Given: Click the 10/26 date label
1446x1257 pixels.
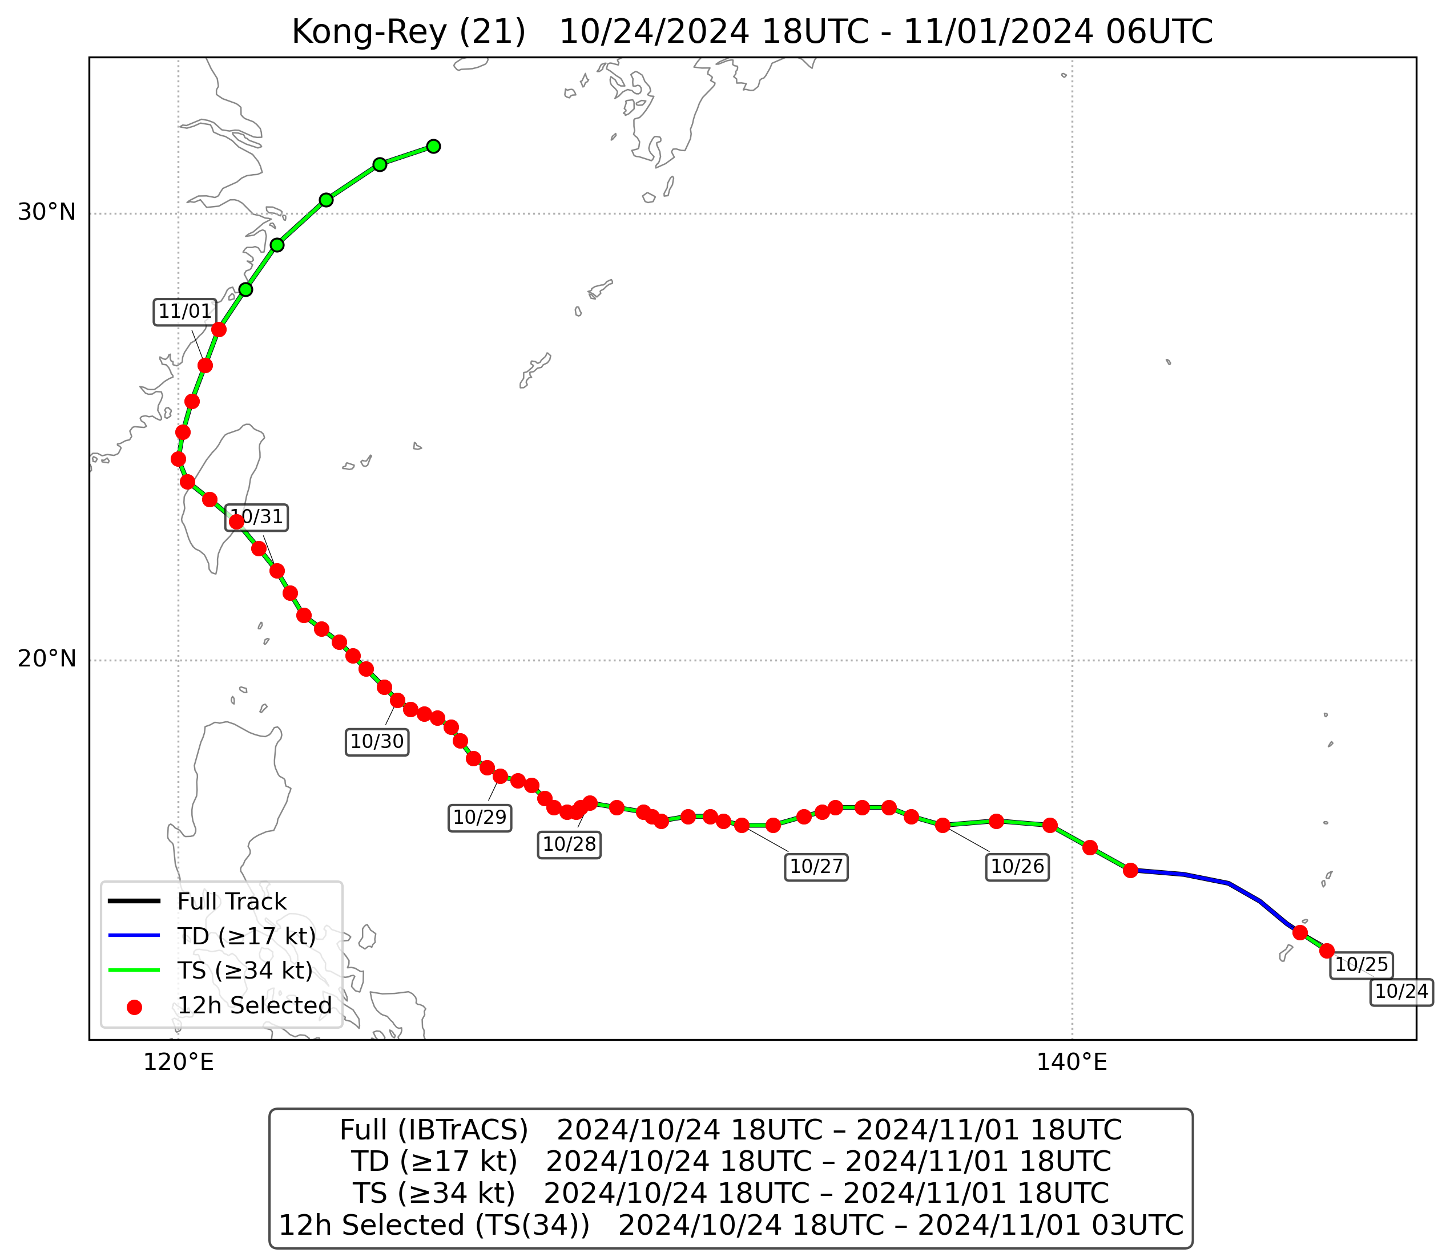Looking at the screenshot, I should (1017, 867).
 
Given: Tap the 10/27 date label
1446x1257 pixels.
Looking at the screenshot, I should (816, 867).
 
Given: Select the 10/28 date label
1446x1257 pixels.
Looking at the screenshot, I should (569, 844).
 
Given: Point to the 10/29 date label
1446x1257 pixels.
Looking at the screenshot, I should (479, 817).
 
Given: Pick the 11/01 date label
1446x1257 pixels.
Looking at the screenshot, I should (184, 312).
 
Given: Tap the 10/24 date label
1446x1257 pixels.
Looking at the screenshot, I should (1401, 992).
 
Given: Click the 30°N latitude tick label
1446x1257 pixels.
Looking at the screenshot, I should (46, 212).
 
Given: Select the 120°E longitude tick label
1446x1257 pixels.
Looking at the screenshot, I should (178, 1062).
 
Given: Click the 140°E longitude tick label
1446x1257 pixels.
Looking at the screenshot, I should (1072, 1062).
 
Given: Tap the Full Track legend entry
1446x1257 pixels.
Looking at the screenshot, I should (232, 902).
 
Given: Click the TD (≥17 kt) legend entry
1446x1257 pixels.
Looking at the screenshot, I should (246, 936).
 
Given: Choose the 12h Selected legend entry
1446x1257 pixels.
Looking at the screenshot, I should (254, 1005).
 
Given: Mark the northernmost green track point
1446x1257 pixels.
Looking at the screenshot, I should (434, 146).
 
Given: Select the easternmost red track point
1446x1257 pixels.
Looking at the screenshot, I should (1326, 951).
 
